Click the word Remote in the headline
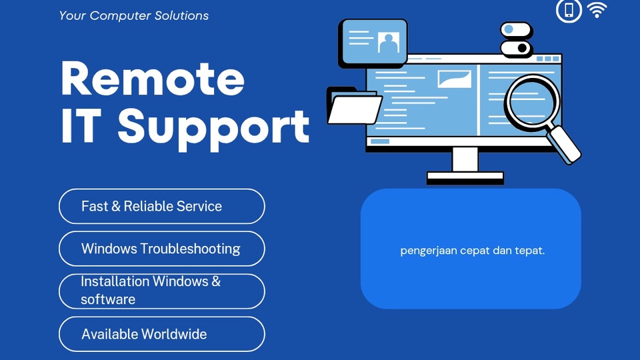pos(153,79)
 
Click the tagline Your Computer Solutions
pos(134,15)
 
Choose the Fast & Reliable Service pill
pos(161,206)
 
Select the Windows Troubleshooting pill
pos(161,249)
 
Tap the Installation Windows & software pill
pos(161,291)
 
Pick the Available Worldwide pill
pos(161,334)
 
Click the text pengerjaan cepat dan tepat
pos(472,251)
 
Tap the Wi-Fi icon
pos(597,10)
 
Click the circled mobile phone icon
pos(569,10)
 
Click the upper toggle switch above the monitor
pos(516,30)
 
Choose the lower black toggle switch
pos(516,48)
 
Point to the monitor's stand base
pos(465,177)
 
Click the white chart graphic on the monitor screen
pos(454,79)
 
